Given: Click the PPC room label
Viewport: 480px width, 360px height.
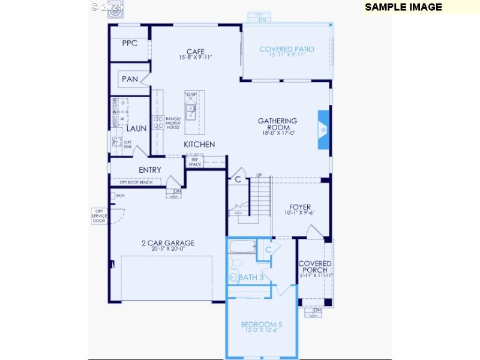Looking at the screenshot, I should (130, 43).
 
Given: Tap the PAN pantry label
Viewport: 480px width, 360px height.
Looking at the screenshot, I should (130, 79).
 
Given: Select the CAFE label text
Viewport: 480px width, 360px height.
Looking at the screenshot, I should (196, 52).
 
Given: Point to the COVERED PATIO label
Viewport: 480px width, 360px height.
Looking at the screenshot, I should (286, 49).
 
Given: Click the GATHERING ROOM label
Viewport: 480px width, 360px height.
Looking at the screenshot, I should (277, 124).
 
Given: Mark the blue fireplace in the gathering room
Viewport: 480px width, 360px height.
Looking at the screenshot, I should (323, 128).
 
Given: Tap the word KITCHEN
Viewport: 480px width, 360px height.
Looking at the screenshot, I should (199, 145).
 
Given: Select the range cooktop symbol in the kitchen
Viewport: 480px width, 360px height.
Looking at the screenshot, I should (158, 122).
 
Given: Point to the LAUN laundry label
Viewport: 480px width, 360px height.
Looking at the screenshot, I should (136, 128).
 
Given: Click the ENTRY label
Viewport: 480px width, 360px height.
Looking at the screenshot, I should (149, 170).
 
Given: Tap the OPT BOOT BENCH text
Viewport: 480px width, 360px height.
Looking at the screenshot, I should (137, 182).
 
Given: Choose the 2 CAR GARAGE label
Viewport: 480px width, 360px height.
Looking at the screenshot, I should (168, 243).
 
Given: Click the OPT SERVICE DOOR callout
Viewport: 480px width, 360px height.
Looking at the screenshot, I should (99, 216).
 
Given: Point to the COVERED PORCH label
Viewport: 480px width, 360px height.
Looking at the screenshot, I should (315, 267).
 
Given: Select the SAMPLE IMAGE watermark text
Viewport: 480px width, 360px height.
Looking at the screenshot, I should (403, 7).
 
